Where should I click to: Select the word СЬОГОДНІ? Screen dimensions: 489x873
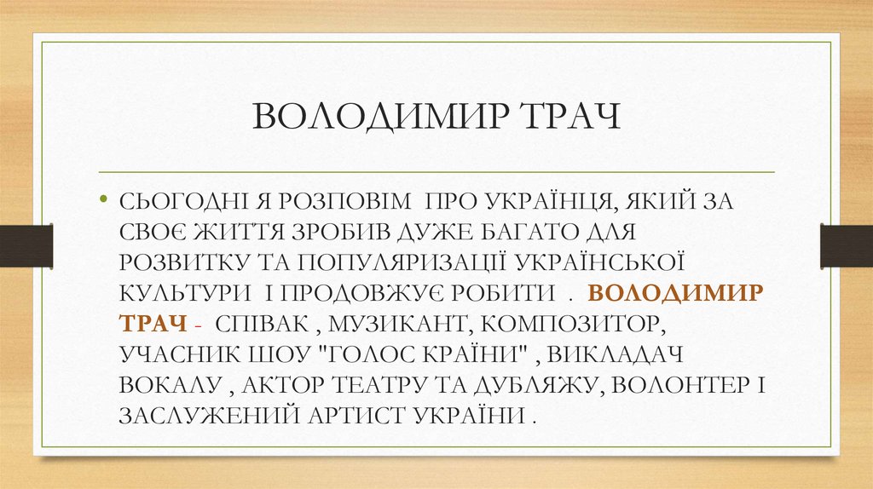pos(173,204)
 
